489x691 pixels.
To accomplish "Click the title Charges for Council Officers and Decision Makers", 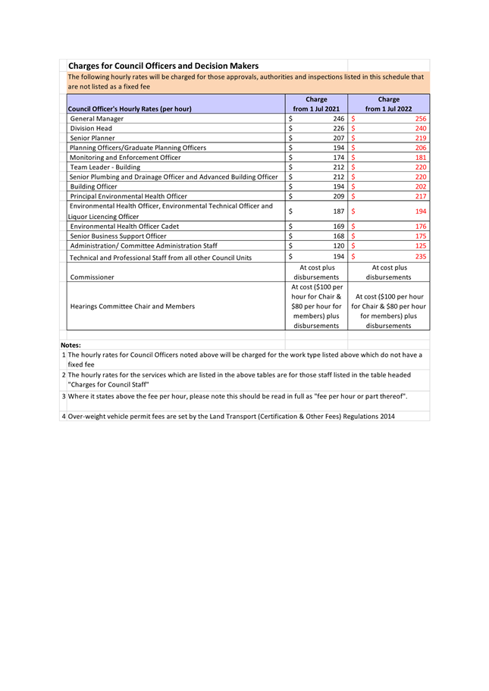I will click(x=163, y=66).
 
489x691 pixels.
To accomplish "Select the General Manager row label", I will click(x=96, y=119).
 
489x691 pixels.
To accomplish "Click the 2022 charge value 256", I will click(x=421, y=119).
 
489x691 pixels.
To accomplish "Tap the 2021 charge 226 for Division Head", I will click(x=338, y=129).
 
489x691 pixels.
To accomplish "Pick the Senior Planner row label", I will click(x=92, y=138).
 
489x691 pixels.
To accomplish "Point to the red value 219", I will click(x=421, y=138).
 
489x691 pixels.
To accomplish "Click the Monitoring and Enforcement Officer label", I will click(x=125, y=157).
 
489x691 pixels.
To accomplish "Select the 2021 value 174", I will click(x=338, y=157).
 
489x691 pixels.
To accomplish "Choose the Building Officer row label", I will click(x=93, y=186).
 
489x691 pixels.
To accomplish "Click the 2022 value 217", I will click(x=421, y=196).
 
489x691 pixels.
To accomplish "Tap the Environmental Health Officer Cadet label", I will click(x=124, y=227).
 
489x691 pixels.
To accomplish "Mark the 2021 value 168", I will click(x=338, y=236).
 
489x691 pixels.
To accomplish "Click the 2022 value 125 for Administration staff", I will click(x=421, y=246).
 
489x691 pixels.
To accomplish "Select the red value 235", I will click(x=421, y=258).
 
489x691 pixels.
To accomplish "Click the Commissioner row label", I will click(x=92, y=277).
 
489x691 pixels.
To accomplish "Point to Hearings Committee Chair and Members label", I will click(x=132, y=306).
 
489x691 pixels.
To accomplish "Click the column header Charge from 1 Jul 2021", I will click(x=316, y=104).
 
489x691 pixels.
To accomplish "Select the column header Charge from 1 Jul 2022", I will click(x=388, y=104).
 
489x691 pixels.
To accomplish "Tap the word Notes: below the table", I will click(x=71, y=345).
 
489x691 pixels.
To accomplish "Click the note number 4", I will click(x=63, y=416).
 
